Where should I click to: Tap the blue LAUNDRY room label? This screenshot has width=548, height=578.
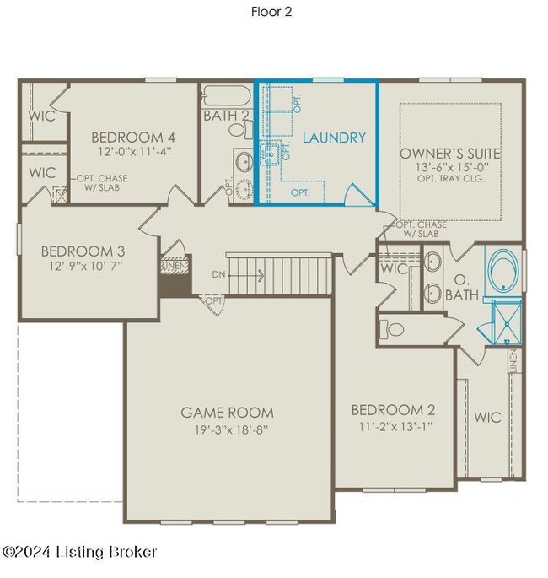pyautogui.click(x=334, y=138)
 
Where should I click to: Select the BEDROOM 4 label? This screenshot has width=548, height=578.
pyautogui.click(x=133, y=138)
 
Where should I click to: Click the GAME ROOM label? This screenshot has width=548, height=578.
pyautogui.click(x=227, y=413)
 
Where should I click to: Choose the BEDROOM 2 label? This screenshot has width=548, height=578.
pyautogui.click(x=393, y=410)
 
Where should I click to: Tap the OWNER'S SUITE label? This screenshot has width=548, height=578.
pyautogui.click(x=450, y=154)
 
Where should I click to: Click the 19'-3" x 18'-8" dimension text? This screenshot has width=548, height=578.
pyautogui.click(x=227, y=429)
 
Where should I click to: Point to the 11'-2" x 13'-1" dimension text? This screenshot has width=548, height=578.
pyautogui.click(x=393, y=426)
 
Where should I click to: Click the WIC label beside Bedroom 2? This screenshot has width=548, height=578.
pyautogui.click(x=487, y=417)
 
